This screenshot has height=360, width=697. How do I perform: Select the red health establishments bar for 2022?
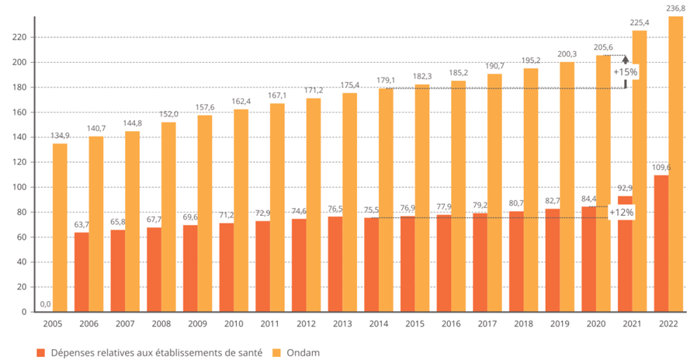coord(661,244)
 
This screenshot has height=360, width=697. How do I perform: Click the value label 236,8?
coord(675,8)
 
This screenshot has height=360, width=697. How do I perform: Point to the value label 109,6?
coord(661,167)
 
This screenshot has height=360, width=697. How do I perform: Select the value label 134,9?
coord(60,136)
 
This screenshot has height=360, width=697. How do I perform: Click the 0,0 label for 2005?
coord(45,304)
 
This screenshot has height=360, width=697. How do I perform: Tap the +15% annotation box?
coord(625,72)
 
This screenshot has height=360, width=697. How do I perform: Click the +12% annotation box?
coord(622,212)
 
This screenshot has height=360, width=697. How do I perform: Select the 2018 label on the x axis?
coord(522,323)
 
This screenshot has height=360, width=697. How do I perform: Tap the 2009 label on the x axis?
coord(197,323)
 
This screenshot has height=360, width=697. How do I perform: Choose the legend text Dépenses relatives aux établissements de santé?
coord(154,352)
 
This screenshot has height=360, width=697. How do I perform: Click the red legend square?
coord(40,352)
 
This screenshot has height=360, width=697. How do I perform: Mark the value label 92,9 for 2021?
coord(625,188)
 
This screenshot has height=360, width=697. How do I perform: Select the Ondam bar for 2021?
coord(640,171)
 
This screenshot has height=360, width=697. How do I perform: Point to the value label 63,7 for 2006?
coord(81,225)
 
